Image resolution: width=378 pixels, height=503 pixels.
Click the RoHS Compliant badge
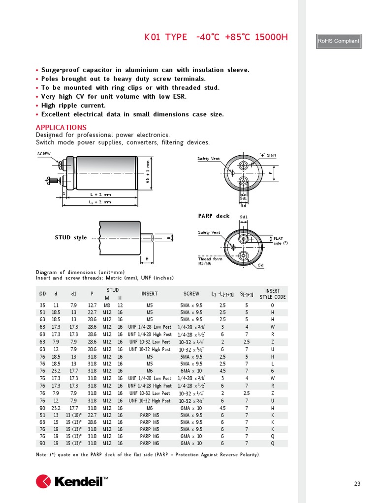click(x=338, y=41)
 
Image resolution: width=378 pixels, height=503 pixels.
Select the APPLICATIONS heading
click(x=61, y=128)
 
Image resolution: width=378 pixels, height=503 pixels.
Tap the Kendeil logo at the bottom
click(x=72, y=481)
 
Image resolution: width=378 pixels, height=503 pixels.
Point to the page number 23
click(x=357, y=484)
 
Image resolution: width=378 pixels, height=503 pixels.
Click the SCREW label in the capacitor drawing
click(x=44, y=154)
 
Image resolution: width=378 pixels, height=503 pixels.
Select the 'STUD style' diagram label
click(x=70, y=238)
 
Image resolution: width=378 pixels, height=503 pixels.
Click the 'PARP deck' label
click(x=214, y=216)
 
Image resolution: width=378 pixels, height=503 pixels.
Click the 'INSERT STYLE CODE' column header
click(x=272, y=294)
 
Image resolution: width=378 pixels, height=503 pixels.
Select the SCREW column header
click(x=191, y=294)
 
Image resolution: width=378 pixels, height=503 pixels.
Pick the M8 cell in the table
click(x=106, y=305)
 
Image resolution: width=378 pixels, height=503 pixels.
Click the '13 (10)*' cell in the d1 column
click(x=73, y=415)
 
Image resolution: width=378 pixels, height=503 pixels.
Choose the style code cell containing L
click(x=272, y=364)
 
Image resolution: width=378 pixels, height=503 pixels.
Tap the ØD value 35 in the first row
click(x=42, y=305)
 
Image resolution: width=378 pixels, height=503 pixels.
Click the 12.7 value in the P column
click(x=92, y=305)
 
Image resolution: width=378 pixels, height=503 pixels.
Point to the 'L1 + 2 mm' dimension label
click(x=100, y=202)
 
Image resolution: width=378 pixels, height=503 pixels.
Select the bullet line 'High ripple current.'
click(x=73, y=106)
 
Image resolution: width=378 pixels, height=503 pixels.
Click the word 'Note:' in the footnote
click(x=42, y=455)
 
